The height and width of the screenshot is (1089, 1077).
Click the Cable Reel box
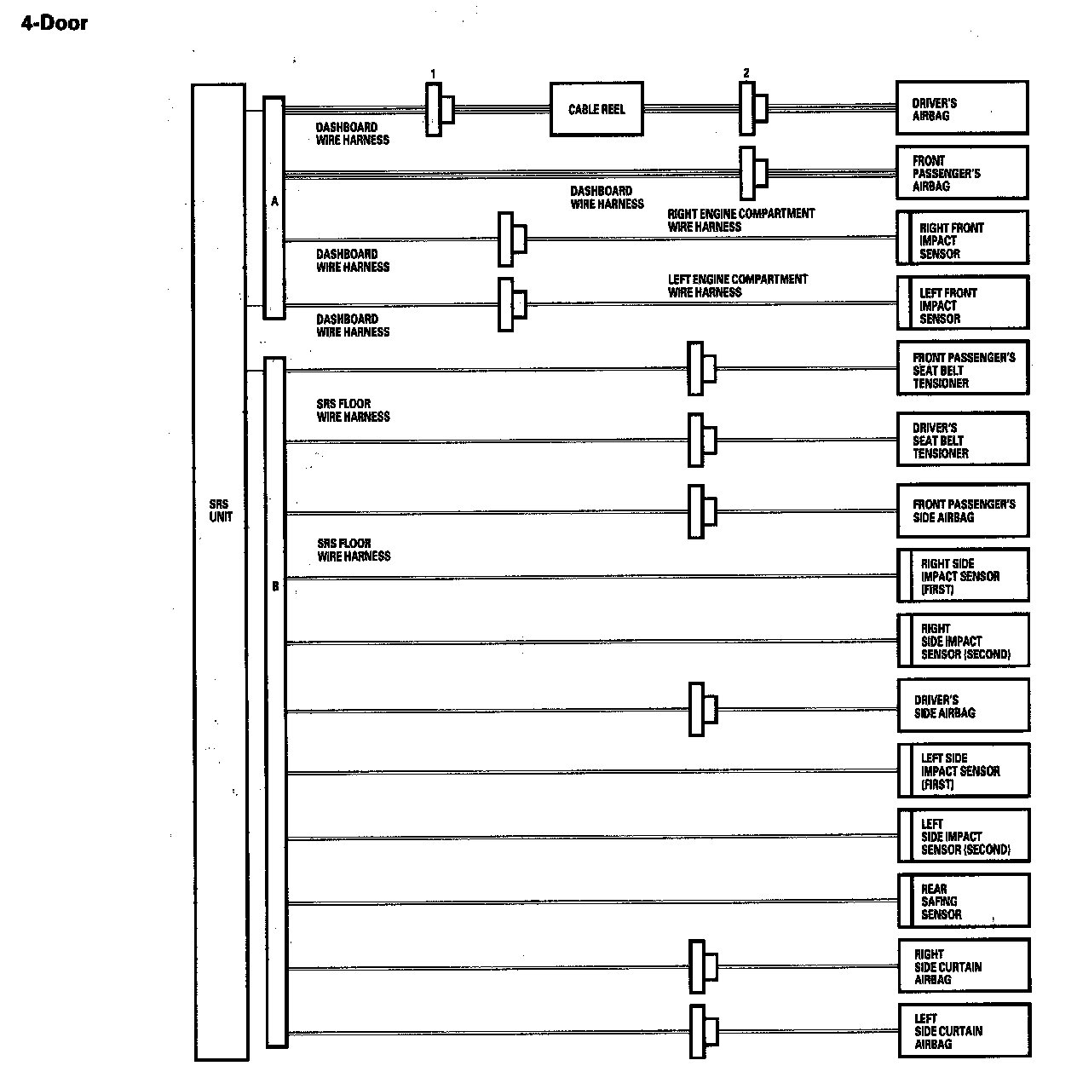[x=596, y=109]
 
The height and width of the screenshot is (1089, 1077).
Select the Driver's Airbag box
[x=962, y=108]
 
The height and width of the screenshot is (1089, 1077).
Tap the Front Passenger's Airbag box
[x=962, y=173]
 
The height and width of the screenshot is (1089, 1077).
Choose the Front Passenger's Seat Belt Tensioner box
[x=963, y=369]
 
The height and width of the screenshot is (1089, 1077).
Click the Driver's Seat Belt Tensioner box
[x=963, y=440]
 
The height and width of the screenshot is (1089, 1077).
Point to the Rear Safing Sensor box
[x=964, y=901]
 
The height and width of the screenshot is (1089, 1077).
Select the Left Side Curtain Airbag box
[x=965, y=1031]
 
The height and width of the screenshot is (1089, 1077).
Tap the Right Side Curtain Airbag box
[x=965, y=966]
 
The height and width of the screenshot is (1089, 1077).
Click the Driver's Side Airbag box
[x=964, y=706]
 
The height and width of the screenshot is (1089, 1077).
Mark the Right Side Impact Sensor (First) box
[x=964, y=576]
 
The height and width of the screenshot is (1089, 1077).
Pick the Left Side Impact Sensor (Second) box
[x=964, y=836]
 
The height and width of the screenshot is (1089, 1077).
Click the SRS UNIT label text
[x=221, y=510]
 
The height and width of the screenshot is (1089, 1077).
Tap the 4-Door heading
[x=55, y=23]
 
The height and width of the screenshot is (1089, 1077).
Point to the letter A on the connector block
[x=274, y=202]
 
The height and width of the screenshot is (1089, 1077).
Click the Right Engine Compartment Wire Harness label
[x=740, y=220]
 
